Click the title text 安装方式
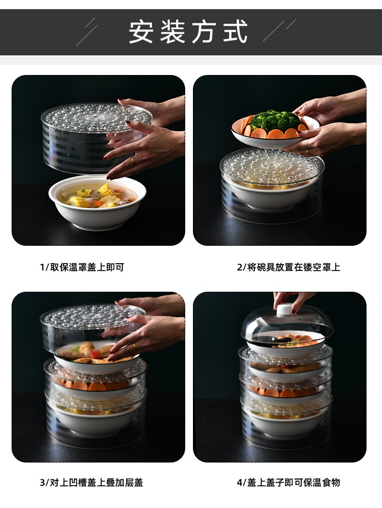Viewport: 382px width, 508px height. coord(188,31)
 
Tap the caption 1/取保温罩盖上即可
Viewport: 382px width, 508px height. coord(82,267)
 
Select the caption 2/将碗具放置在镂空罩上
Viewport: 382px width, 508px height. coord(289,267)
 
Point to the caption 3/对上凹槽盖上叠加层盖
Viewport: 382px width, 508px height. coord(91,482)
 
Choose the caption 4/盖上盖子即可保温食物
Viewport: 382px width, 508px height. coord(289,482)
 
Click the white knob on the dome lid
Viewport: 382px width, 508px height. coord(285,310)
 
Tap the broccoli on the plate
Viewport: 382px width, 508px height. coord(275,120)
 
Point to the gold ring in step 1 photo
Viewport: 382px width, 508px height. coord(133,160)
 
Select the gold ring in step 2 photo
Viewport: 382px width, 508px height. coord(307,152)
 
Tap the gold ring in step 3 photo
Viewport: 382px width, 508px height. coord(134,346)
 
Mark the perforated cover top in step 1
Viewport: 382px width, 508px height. coord(97,117)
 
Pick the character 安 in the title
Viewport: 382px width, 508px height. coord(141,31)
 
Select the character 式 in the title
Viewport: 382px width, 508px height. coord(235,31)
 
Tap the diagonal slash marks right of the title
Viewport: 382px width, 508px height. coord(279,30)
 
